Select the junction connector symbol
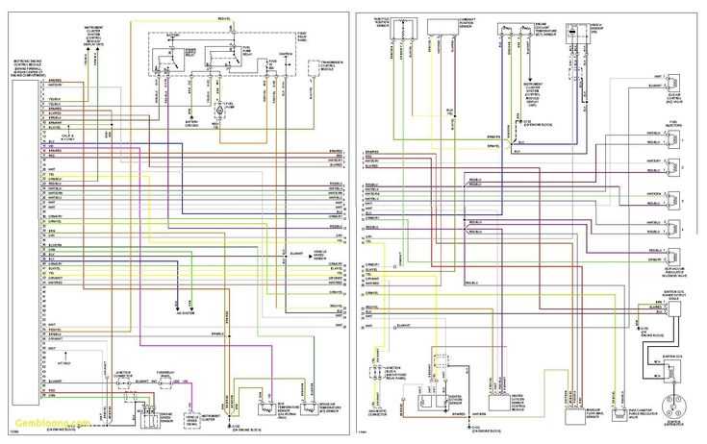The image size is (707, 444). click(x=123, y=382)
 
